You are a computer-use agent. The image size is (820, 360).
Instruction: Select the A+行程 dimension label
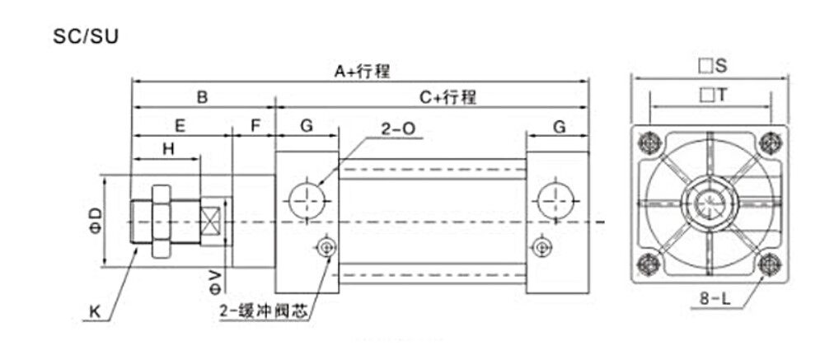(362, 72)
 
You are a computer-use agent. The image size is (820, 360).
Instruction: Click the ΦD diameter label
(96, 221)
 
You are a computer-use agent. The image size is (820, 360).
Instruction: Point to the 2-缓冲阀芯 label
(263, 311)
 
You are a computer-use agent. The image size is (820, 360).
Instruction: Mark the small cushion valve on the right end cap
(541, 246)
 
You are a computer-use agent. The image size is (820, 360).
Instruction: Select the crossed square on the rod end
(213, 221)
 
